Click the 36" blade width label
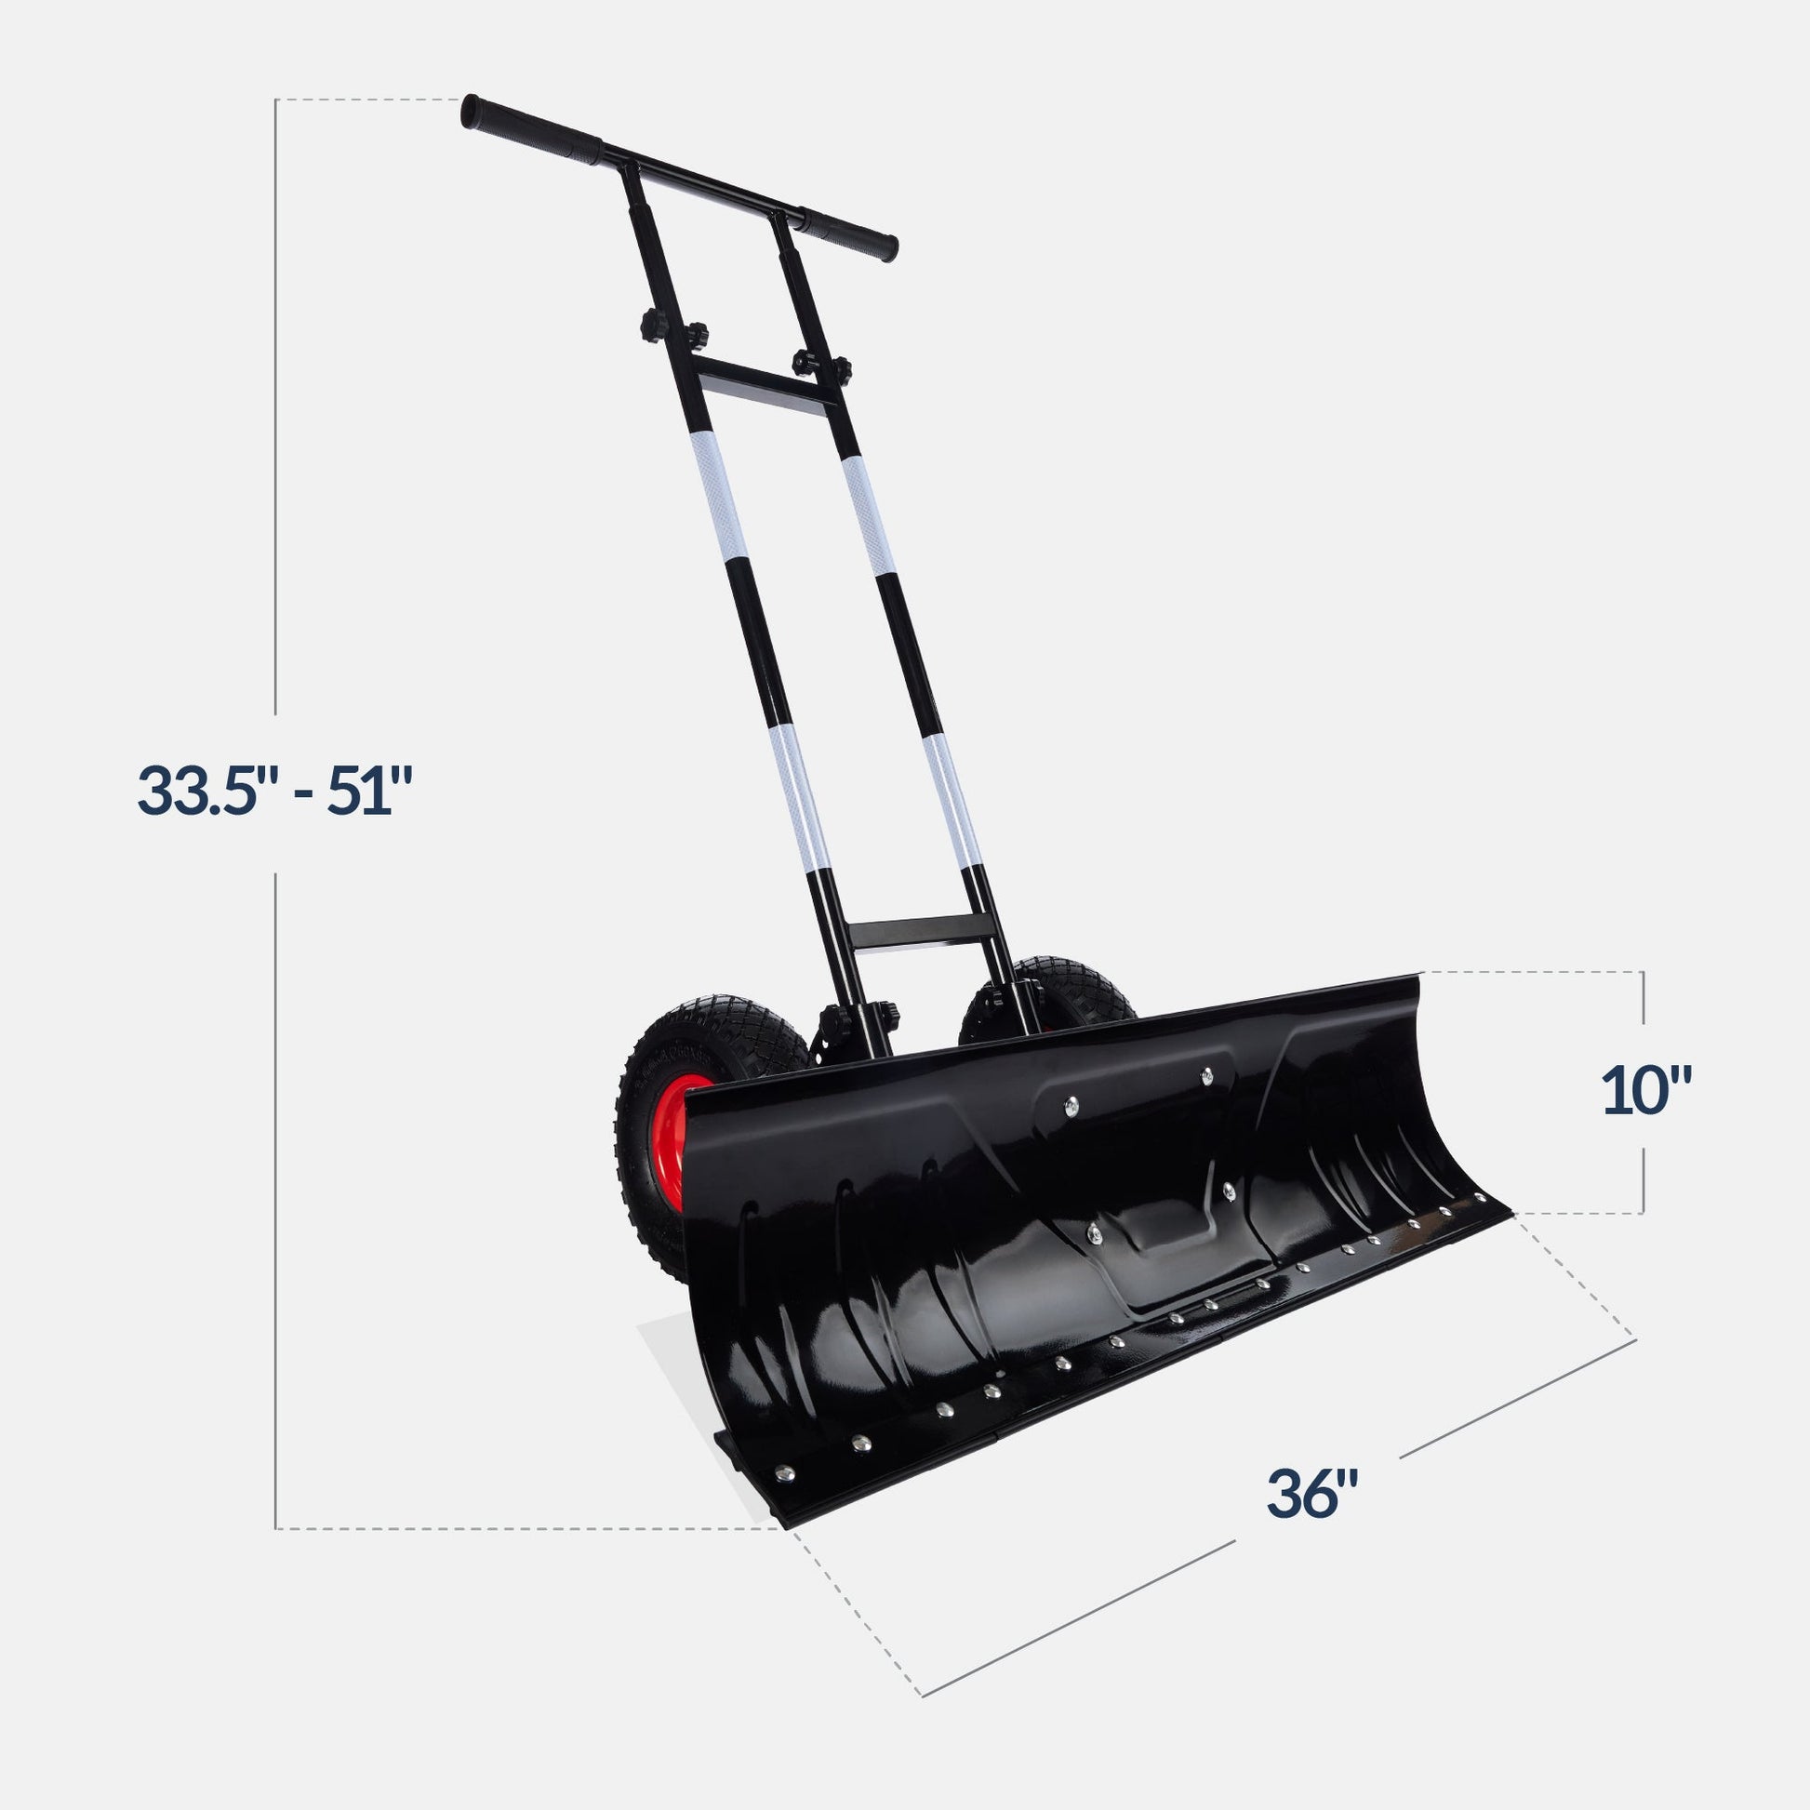pyautogui.click(x=1312, y=1494)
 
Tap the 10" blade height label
pyautogui.click(x=1646, y=1092)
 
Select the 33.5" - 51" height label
pyautogui.click(x=275, y=792)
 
